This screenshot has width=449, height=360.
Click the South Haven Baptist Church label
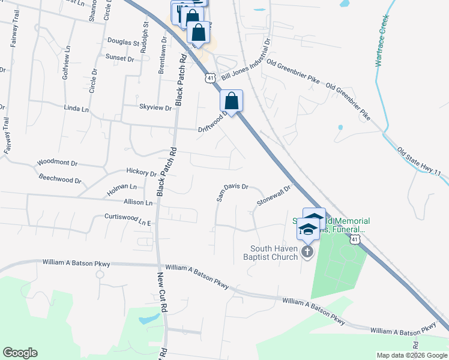[x=274, y=253]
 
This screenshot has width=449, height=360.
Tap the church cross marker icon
[x=307, y=251]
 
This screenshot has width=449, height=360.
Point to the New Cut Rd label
[x=161, y=292]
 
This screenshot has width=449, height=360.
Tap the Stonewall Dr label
[x=273, y=194]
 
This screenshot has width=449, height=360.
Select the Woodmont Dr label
[x=58, y=163]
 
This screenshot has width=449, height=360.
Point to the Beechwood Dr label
[x=59, y=179]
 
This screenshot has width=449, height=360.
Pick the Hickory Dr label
[x=141, y=173]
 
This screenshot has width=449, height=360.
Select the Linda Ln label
[x=76, y=109]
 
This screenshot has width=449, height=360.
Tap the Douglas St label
[x=123, y=43]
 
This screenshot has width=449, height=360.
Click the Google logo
[x=20, y=353]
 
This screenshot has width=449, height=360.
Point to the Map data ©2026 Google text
[x=411, y=355]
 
